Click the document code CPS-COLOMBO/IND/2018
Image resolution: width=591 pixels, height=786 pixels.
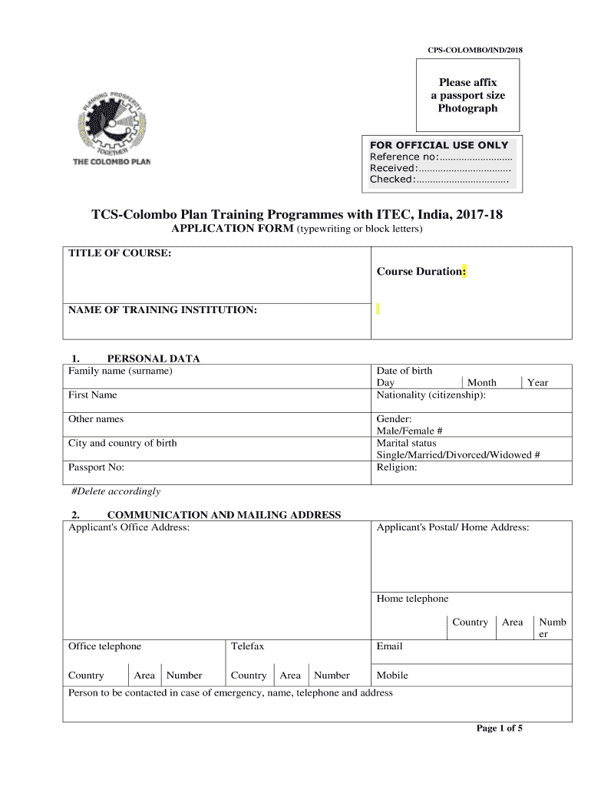[x=474, y=51]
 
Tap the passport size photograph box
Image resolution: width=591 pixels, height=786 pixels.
[x=467, y=96]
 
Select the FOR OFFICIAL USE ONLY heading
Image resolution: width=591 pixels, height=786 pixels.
[x=439, y=145]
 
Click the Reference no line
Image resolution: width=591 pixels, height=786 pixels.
[x=441, y=157]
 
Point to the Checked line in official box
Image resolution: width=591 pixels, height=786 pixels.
[x=439, y=179]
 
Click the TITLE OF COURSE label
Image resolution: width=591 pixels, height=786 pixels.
[x=119, y=253]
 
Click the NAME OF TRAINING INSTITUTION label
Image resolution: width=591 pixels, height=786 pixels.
[x=163, y=310]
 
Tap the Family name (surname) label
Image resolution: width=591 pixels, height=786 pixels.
[x=121, y=371]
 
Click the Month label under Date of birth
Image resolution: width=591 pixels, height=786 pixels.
[x=482, y=382]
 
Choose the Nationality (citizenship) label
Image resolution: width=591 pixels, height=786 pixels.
[x=431, y=395]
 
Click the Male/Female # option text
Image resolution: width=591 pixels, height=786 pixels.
[x=409, y=431]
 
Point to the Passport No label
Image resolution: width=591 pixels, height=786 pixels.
[x=96, y=467]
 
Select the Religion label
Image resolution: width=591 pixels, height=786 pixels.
[x=397, y=467]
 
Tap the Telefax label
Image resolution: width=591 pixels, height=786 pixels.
[x=247, y=646]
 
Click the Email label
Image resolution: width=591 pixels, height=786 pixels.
[x=389, y=646]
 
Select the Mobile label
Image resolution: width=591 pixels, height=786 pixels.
[x=392, y=675]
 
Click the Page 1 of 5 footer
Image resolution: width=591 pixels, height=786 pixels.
[x=500, y=728]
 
